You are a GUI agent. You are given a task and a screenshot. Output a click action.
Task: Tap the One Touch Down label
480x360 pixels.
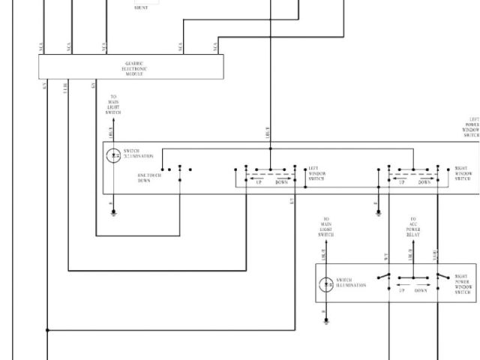point(149,178)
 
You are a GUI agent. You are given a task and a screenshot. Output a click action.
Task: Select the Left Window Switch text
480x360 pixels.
point(317,174)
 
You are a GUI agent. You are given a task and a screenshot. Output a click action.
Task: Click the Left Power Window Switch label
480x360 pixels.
point(472,127)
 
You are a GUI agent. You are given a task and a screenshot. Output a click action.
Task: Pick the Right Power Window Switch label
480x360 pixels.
point(463,284)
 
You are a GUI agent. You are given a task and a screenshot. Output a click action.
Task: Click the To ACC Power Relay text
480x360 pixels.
point(412,227)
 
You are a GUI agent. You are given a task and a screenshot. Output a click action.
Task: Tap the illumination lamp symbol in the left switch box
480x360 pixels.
point(113,155)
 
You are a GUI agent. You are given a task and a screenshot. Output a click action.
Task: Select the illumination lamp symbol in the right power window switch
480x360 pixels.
point(326,285)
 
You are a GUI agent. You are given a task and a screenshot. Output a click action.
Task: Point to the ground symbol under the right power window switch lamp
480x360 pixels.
point(326,320)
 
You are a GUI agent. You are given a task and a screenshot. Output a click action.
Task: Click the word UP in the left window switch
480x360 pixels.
point(259,182)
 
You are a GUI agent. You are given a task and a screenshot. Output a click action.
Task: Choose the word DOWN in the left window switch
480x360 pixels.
point(281,182)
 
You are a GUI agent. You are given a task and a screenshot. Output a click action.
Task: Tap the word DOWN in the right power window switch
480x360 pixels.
point(421,290)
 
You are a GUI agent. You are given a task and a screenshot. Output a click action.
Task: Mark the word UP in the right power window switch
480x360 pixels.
point(401,290)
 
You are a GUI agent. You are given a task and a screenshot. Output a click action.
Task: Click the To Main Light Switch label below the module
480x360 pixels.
point(113,104)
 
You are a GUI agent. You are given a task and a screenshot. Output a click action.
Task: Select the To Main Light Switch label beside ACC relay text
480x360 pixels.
point(326,227)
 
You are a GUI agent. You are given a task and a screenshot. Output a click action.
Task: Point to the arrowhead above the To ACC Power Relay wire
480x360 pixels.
point(412,243)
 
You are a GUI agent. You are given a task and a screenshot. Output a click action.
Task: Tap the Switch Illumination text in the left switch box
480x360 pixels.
point(138,153)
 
